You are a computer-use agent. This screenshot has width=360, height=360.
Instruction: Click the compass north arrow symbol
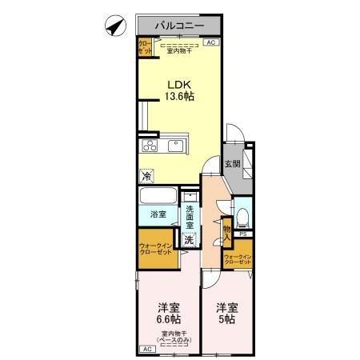[114, 26]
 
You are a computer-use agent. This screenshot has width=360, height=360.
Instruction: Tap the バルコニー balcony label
[179, 26]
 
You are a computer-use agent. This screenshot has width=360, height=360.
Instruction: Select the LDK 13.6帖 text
[179, 90]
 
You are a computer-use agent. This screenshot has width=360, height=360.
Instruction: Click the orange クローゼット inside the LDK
[143, 47]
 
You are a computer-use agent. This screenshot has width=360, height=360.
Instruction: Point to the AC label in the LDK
[211, 43]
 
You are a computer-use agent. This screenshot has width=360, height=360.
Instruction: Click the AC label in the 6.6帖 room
[147, 350]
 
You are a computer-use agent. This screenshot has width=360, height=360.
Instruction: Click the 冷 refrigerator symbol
[147, 176]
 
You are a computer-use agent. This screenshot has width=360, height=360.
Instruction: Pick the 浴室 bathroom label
[158, 214]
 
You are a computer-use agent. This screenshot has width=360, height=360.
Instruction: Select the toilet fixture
[242, 214]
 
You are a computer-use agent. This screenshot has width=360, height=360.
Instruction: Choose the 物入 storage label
[226, 233]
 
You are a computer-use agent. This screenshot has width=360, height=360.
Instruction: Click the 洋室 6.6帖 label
[168, 313]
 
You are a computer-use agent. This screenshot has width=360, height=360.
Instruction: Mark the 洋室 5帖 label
[227, 313]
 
